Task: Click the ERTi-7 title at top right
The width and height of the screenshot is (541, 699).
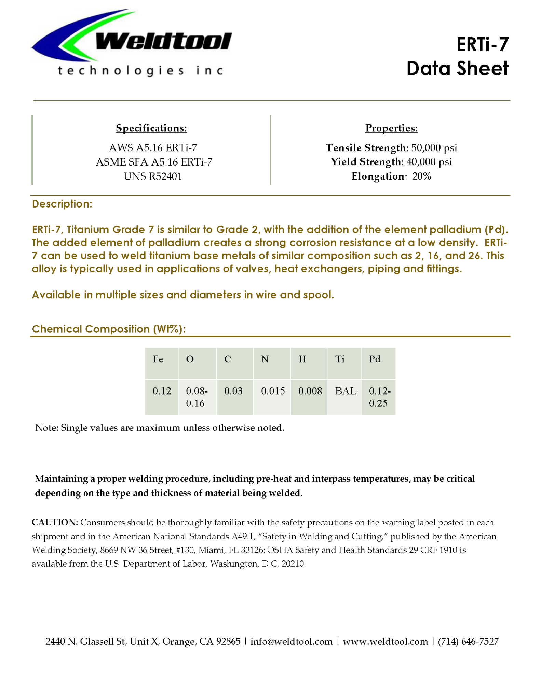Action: pos(482,44)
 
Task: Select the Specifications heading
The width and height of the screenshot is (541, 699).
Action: pos(151,128)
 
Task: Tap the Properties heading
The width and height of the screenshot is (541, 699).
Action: pos(391,128)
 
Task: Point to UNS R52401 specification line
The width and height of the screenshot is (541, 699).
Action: pos(153,176)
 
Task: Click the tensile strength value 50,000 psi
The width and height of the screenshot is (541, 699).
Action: pos(434,148)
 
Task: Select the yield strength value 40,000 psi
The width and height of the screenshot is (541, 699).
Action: pos(429,162)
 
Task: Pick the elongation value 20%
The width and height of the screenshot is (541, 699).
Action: pos(422,176)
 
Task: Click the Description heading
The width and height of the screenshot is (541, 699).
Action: pos(62,204)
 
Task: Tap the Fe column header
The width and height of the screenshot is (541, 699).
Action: pos(158,359)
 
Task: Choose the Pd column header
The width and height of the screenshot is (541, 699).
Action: pos(375,359)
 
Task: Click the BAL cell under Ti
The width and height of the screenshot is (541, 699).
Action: pos(346,391)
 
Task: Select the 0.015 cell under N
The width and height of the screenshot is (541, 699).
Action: pos(273,391)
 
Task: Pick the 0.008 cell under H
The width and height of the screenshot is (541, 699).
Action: pos(310,391)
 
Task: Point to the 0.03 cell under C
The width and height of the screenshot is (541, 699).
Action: pos(233,391)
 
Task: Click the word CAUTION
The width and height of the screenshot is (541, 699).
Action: pos(55,522)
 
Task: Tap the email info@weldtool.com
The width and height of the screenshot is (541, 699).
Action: pos(292,642)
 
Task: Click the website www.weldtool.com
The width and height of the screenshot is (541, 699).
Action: pos(385,642)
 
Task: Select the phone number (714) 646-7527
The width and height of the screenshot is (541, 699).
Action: pos(468,642)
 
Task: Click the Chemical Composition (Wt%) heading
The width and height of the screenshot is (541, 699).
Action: pos(109,329)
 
